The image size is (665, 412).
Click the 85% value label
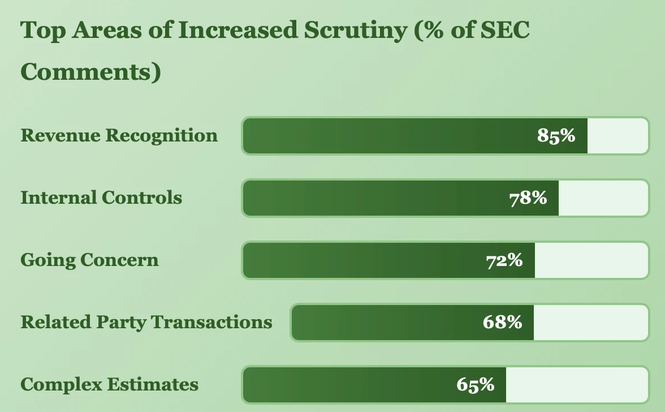[x=556, y=136]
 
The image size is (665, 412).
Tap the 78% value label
[x=528, y=198]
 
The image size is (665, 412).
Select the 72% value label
[x=504, y=260]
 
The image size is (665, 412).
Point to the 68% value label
[x=502, y=323]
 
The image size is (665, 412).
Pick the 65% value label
[x=476, y=385]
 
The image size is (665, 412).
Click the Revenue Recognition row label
[x=119, y=136]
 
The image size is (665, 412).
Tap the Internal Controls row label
[x=101, y=198]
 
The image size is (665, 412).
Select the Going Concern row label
[x=89, y=260]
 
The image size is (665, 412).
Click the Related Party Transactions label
[x=146, y=323]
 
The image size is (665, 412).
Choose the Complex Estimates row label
[x=109, y=385]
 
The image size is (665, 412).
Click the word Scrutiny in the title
[x=355, y=31]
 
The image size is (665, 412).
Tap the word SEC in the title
[x=504, y=31]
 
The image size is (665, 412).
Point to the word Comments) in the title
[x=90, y=72]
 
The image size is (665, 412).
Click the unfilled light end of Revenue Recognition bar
[x=617, y=136]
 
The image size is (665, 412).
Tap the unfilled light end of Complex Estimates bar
[x=576, y=385]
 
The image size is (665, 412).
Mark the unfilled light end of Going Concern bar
[x=591, y=260]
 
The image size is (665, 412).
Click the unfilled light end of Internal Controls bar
[x=603, y=198]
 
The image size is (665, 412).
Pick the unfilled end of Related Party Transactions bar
[x=590, y=323]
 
